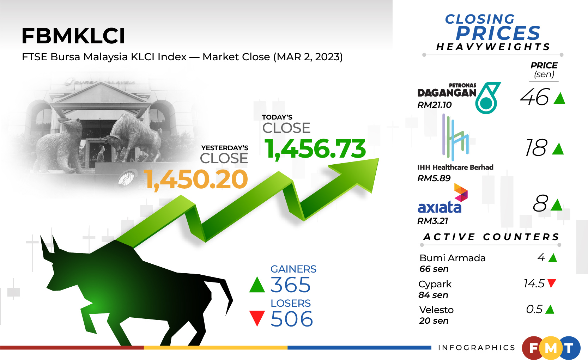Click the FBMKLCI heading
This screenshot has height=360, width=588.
[x=73, y=36]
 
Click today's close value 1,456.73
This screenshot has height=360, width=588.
[x=315, y=149]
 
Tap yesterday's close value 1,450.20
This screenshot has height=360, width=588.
[x=196, y=179]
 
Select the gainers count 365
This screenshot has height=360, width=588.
[x=290, y=285]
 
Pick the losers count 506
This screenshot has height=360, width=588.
[x=291, y=319]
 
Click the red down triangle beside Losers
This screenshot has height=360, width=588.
[x=257, y=318]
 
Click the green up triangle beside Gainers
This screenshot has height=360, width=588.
[x=257, y=285]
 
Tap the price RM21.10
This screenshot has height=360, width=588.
[x=434, y=105]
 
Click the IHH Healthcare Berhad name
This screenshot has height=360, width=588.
[x=455, y=167]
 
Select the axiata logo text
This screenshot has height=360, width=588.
[x=439, y=207]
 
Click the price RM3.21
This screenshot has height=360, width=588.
[x=432, y=221]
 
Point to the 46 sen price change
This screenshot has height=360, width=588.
[x=535, y=97]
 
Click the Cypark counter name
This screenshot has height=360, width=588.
[x=435, y=284]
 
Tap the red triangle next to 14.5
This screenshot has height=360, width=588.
[x=552, y=283]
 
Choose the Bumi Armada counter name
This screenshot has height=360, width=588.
[x=452, y=258]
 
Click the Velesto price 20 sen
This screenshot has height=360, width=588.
[x=434, y=321]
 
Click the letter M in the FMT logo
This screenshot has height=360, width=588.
[x=551, y=348]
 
